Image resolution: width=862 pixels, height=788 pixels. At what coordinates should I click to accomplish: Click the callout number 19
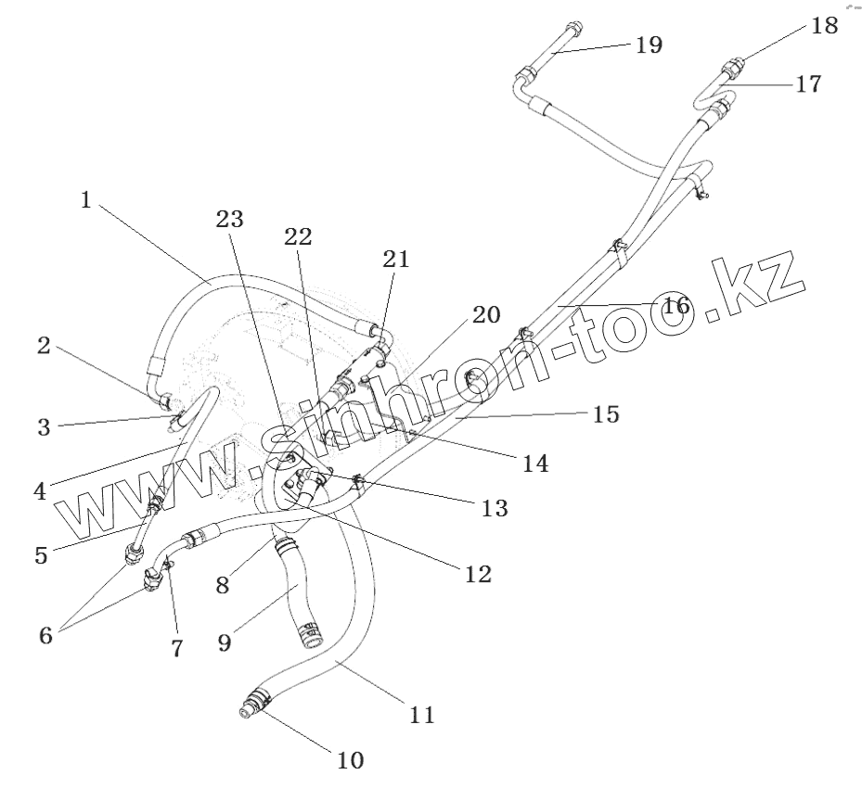(648, 44)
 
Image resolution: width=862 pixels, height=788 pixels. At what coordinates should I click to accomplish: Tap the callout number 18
(824, 25)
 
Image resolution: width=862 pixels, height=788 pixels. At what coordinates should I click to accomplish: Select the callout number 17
(807, 83)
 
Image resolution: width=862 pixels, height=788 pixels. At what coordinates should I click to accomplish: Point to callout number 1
(86, 200)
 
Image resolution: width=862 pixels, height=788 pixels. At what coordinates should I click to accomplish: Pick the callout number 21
(396, 261)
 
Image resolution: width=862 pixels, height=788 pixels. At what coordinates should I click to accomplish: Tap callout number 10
(350, 761)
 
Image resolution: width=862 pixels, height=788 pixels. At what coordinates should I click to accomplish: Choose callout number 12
(478, 574)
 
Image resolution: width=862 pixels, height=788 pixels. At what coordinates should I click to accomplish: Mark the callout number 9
(225, 642)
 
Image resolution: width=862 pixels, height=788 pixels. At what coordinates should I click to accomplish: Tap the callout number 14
(534, 462)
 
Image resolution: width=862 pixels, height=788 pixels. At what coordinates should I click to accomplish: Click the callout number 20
(485, 315)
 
